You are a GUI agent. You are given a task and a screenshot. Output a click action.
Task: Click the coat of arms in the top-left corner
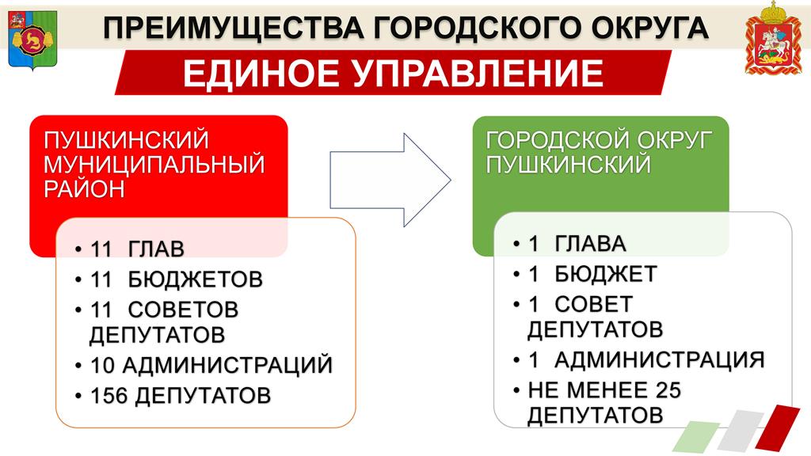(32, 40)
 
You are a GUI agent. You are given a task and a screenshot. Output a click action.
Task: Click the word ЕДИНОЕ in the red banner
(261, 74)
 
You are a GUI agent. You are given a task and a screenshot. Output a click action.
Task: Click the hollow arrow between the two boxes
(390, 180)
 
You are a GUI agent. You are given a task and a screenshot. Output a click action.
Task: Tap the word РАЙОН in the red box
(84, 188)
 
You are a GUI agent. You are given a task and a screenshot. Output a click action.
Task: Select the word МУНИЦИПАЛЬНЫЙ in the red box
(154, 165)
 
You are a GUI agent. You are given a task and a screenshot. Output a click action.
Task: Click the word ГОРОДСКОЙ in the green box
(556, 140)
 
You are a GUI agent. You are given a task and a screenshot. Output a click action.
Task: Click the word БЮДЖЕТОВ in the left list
(196, 279)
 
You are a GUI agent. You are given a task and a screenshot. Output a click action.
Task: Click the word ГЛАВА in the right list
(590, 244)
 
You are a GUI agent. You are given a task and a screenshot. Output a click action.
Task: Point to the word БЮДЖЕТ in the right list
(606, 274)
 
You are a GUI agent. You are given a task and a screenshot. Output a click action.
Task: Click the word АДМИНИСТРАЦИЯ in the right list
(660, 359)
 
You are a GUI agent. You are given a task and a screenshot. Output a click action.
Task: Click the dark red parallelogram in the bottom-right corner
(778, 427)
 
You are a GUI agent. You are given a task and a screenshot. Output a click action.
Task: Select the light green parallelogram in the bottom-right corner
(696, 437)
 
